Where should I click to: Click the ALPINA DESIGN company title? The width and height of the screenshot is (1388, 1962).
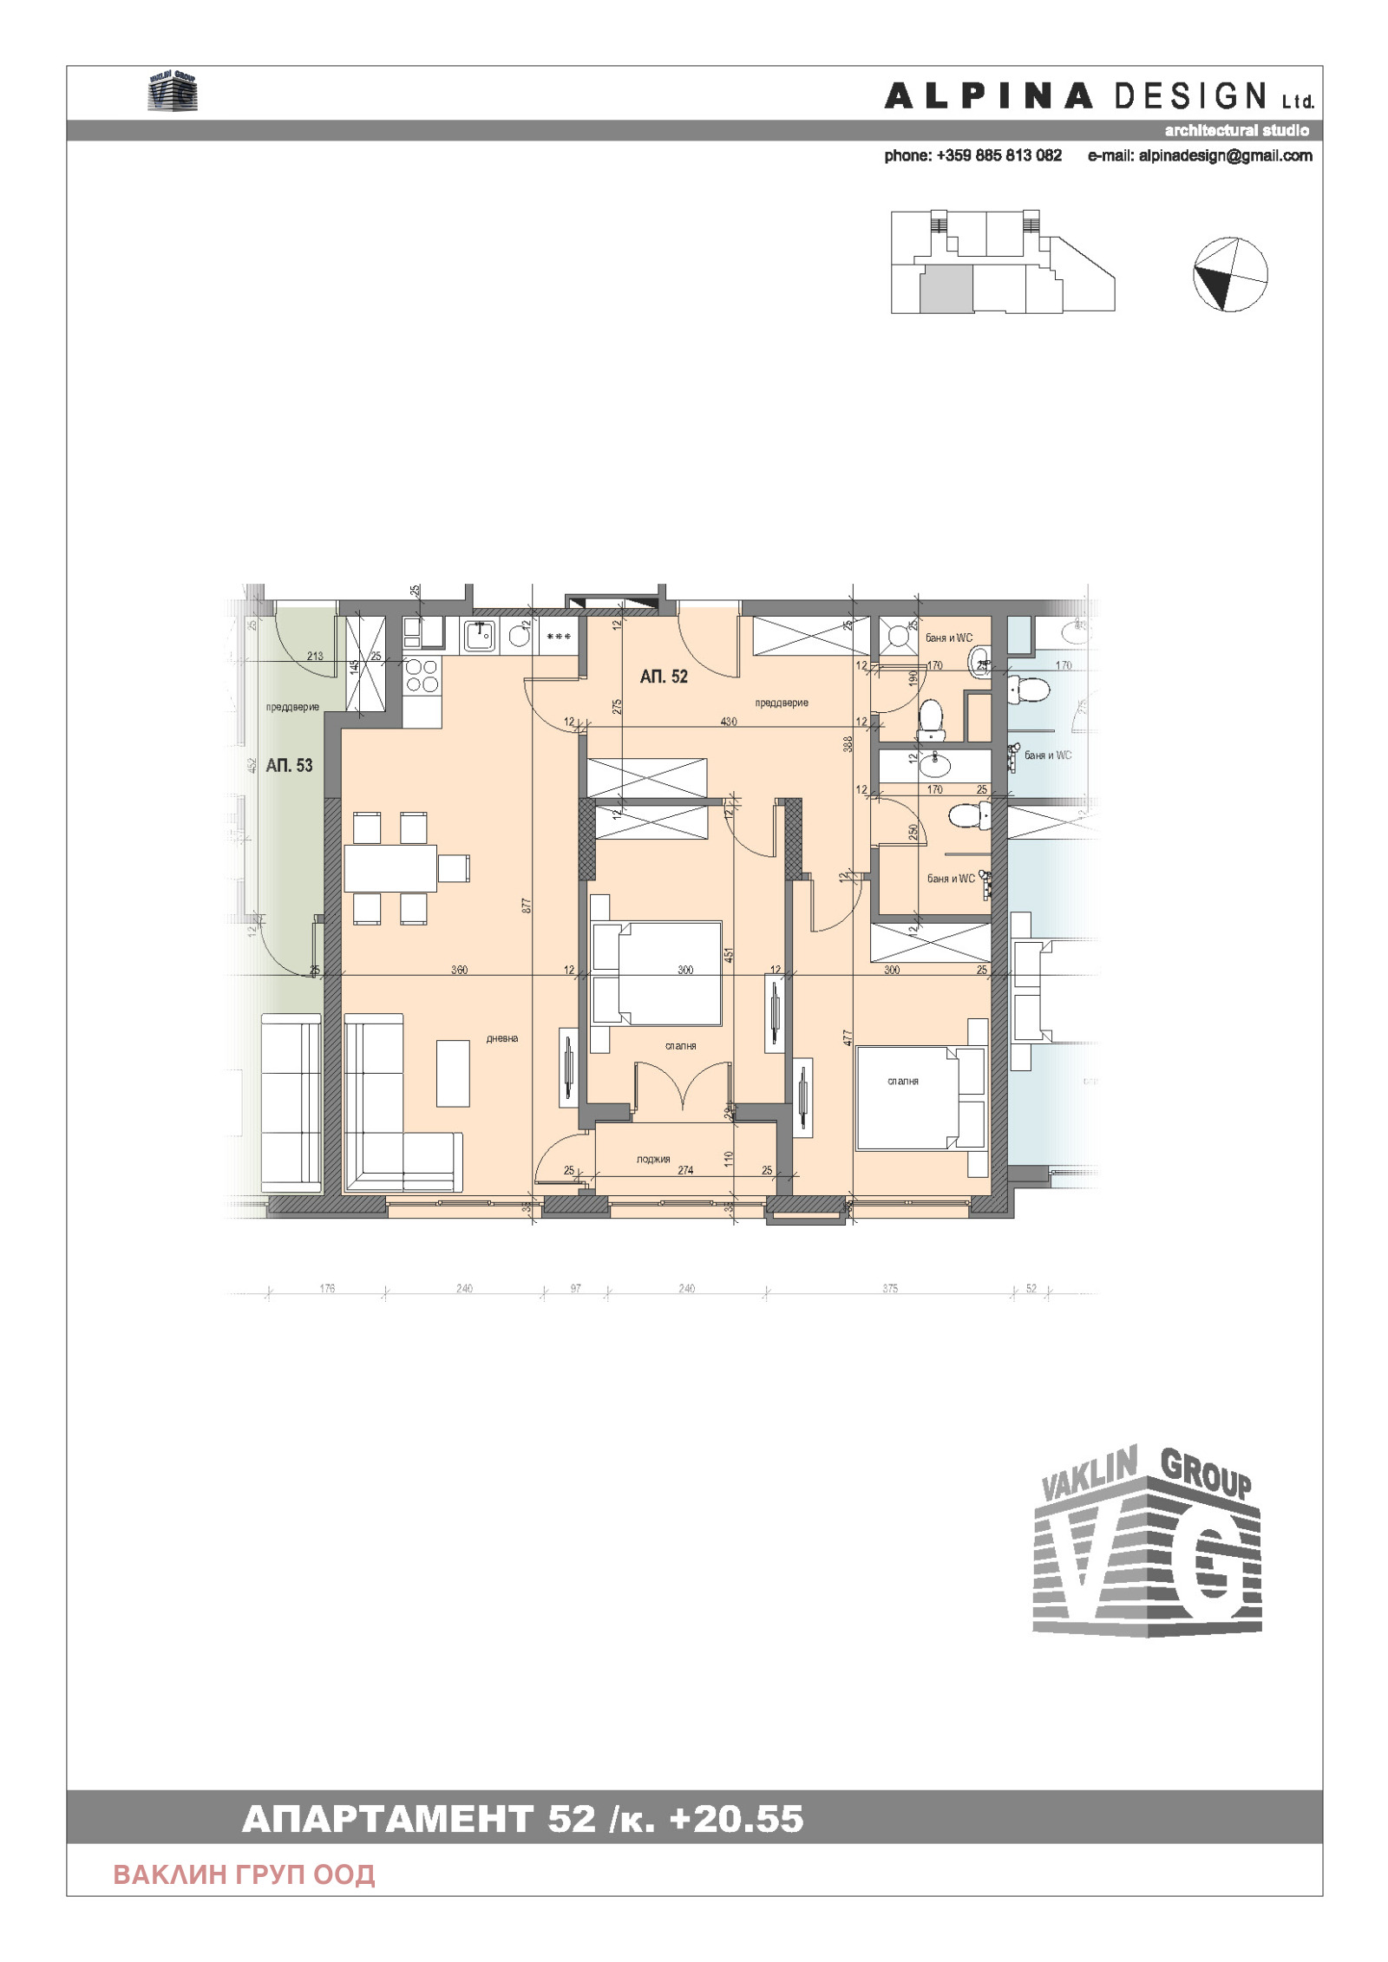[x=1098, y=96]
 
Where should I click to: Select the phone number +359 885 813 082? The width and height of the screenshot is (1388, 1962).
[x=972, y=156]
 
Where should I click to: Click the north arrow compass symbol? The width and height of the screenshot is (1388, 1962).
[x=1230, y=274]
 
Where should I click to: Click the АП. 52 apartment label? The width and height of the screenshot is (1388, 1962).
[x=664, y=677]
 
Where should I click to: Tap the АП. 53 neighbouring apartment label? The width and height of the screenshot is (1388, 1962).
[x=289, y=765]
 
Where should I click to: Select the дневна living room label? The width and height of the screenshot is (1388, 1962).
[x=501, y=1038]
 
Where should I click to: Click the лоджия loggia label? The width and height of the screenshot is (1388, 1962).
[x=652, y=1159]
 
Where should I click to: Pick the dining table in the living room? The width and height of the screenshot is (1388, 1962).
[x=390, y=868]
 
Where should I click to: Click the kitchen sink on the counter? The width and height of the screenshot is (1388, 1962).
[x=480, y=636]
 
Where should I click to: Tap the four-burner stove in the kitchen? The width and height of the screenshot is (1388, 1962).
[x=422, y=675]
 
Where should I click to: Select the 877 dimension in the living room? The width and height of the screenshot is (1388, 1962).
[x=526, y=906]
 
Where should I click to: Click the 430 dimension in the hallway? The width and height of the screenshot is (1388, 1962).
[x=729, y=721]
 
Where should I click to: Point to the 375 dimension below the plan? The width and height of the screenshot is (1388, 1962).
[x=890, y=1289]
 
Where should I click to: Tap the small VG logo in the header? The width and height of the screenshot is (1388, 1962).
[x=173, y=92]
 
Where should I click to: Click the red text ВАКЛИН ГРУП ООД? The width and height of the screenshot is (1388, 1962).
[x=244, y=1874]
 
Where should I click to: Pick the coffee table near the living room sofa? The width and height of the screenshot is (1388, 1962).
[x=453, y=1073]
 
